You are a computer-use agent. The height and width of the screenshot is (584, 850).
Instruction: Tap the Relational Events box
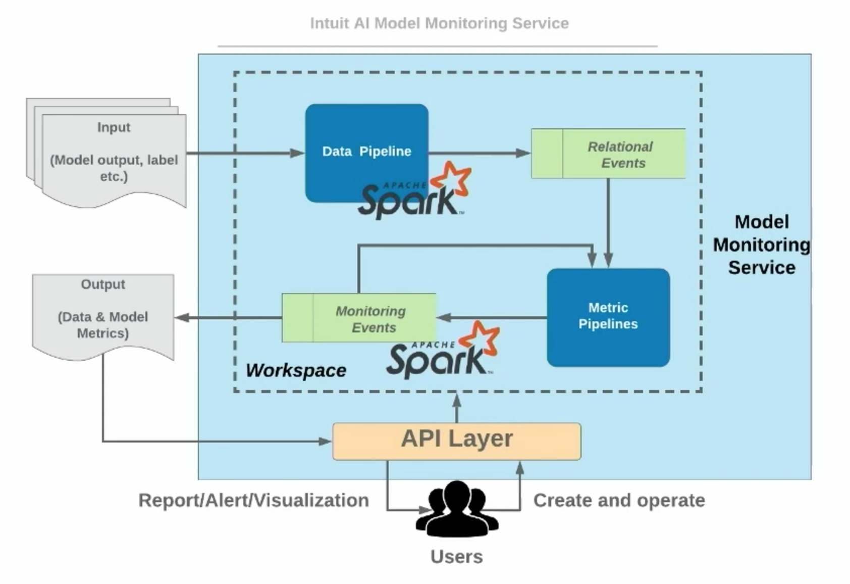coord(608,154)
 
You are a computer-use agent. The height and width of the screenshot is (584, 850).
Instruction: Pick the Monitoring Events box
coord(359,318)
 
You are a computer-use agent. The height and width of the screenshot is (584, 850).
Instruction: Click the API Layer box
coord(456,441)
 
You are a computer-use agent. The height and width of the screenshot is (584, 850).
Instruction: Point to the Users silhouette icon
coord(457,509)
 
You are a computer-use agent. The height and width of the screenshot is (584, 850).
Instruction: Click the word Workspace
coord(296,370)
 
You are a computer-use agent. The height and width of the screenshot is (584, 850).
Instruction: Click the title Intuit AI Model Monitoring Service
coord(439,23)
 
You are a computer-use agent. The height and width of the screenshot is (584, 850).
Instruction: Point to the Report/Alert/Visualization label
coord(253,500)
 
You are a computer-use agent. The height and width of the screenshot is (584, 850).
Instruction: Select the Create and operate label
coord(619,500)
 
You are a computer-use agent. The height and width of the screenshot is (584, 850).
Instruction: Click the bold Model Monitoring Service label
coord(761,245)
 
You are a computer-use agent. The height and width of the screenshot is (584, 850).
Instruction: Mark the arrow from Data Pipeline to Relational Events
coord(480,153)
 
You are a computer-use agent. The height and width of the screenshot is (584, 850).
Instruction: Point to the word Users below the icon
coord(456,556)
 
